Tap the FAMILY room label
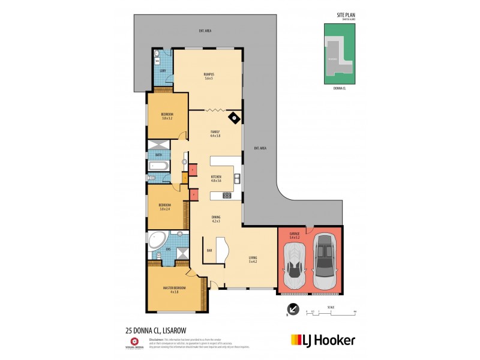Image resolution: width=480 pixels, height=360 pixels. [215, 131]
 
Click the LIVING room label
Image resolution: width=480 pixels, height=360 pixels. [253, 257]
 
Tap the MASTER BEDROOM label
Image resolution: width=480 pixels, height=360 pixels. [175, 288]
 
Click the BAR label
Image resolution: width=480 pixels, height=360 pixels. [210, 250]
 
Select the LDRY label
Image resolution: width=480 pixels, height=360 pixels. [162, 72]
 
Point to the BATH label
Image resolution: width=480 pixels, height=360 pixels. [158, 155]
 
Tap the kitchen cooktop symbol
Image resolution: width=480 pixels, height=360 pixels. [227, 194]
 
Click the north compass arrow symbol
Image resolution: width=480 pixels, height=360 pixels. [292, 310]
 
